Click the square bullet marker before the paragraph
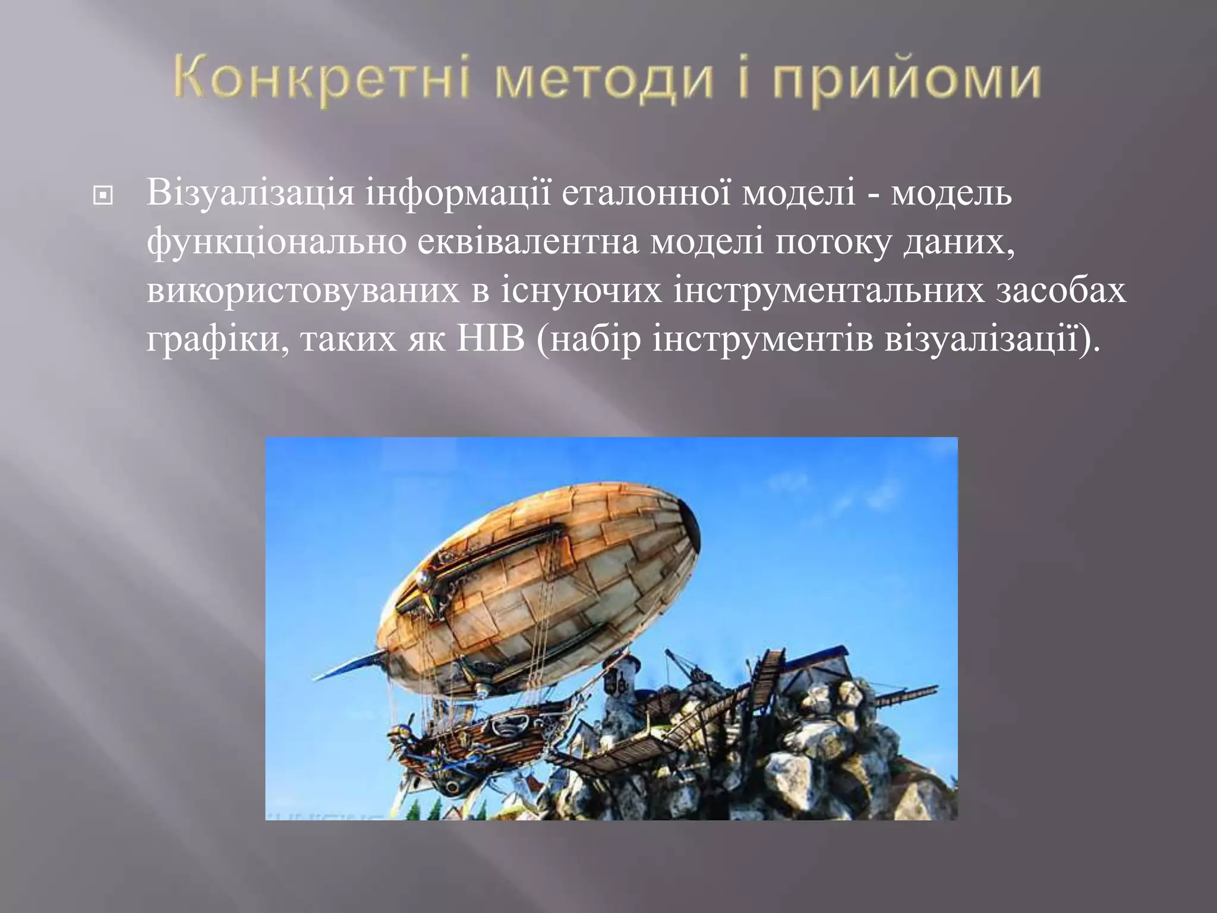point(103,196)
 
